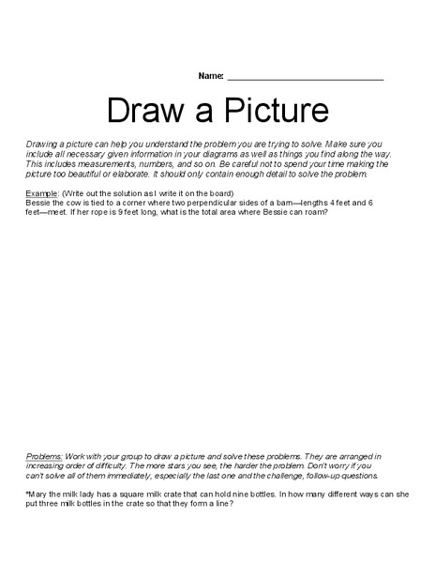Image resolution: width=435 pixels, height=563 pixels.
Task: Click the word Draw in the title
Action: (142, 111)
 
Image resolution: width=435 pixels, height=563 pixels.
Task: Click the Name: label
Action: (211, 75)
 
